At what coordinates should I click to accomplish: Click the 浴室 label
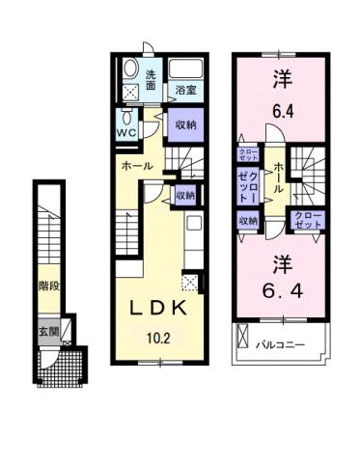(x=185, y=91)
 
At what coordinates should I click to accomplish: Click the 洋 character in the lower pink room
(x=281, y=261)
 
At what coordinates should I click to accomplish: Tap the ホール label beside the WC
(x=134, y=166)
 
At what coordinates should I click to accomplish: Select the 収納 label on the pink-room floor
(x=248, y=221)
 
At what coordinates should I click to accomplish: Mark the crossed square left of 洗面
(x=131, y=92)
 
